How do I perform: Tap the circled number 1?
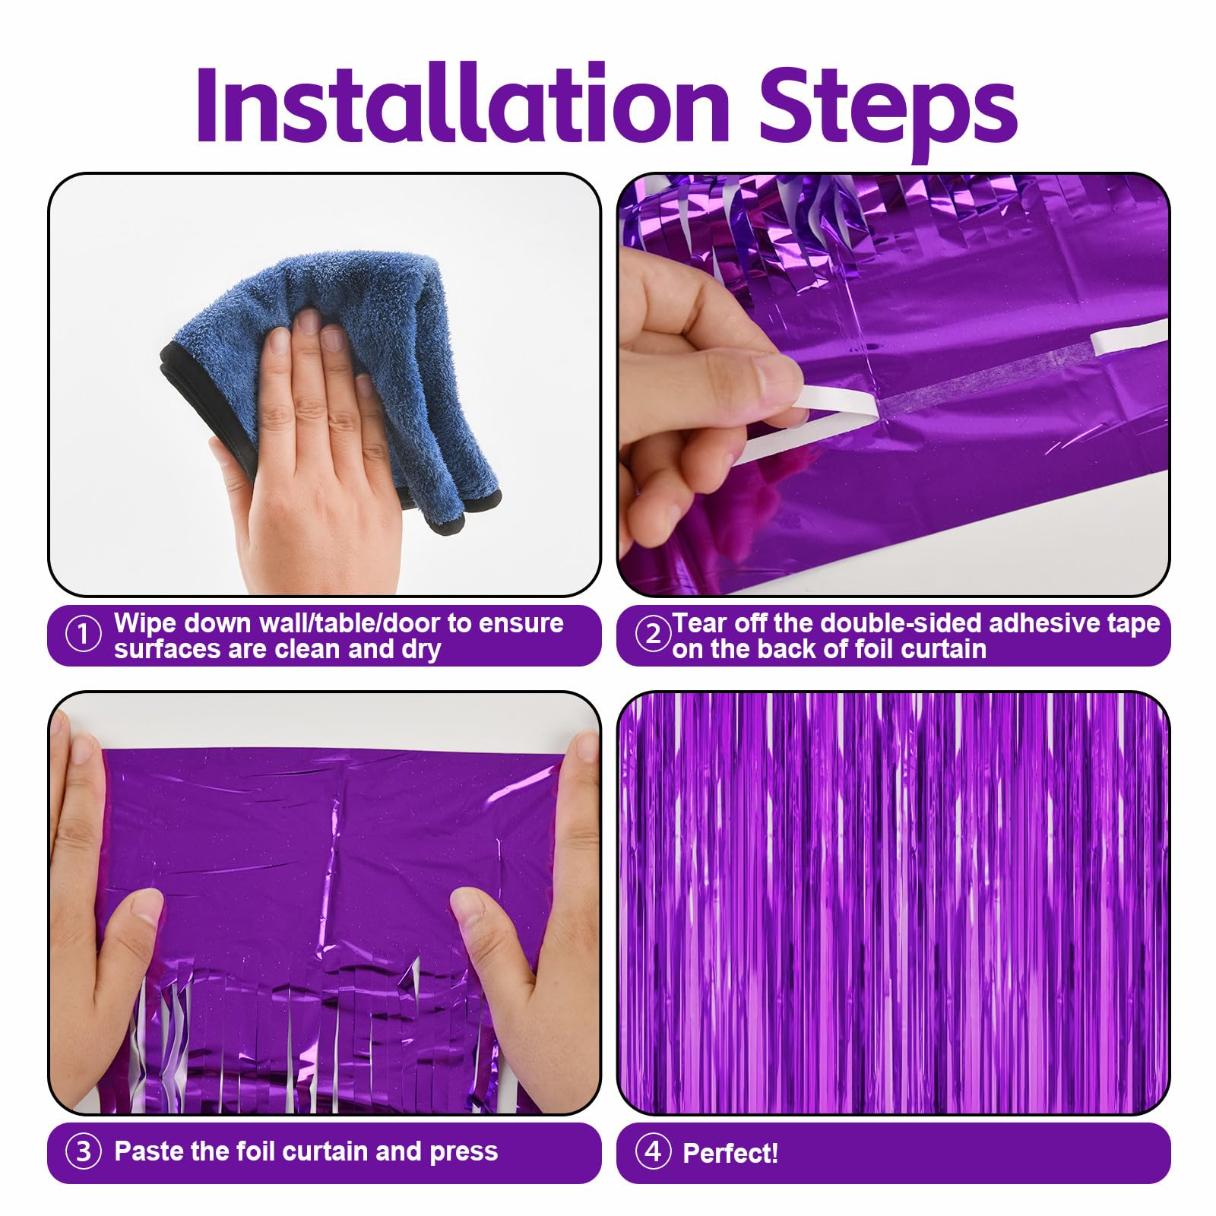83,635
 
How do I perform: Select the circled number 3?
83,1152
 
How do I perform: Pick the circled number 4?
653,1151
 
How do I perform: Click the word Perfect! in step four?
730,1153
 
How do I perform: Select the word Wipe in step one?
146,623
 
